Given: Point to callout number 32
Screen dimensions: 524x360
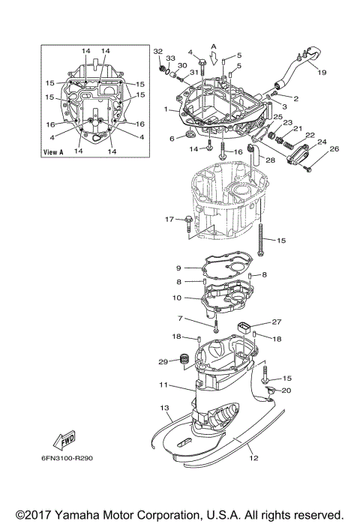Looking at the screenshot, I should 157,51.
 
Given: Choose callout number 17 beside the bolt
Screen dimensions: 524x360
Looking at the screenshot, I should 169,219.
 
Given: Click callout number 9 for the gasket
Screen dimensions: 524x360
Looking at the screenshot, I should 179,268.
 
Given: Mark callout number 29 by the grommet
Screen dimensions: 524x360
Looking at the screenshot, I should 162,362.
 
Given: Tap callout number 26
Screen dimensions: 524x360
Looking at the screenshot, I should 334,148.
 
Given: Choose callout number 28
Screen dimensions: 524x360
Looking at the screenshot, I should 269,160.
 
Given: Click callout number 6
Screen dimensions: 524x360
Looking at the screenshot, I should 171,138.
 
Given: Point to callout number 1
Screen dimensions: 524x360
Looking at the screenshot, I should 166,109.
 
